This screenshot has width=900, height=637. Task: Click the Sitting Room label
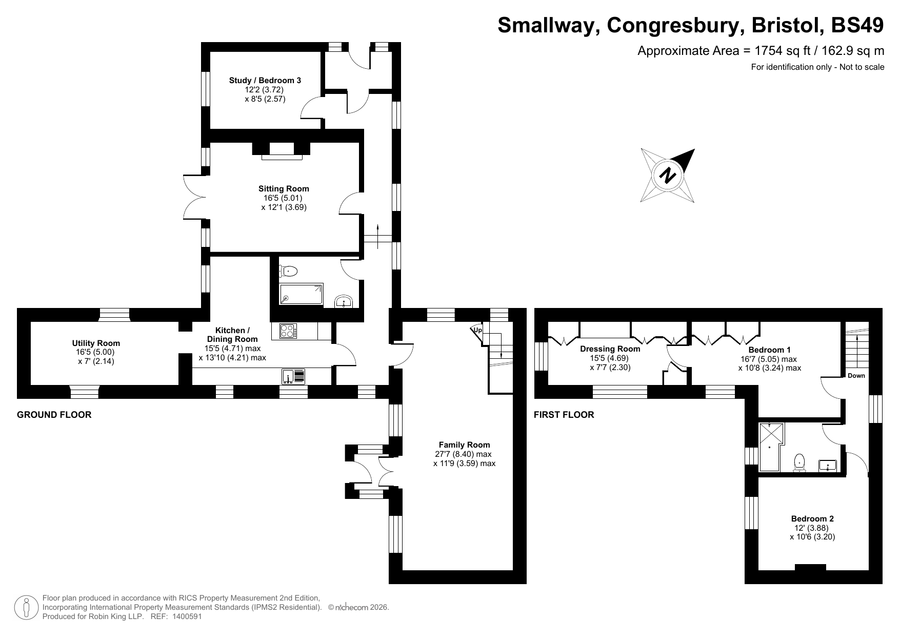pyautogui.click(x=284, y=189)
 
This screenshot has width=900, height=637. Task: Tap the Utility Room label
pyautogui.click(x=96, y=343)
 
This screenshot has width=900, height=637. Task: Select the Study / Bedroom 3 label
pyautogui.click(x=265, y=81)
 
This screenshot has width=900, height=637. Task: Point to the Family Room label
pyautogui.click(x=464, y=445)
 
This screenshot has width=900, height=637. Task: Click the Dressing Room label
pyautogui.click(x=610, y=349)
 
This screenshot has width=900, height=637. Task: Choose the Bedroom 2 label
pyautogui.click(x=812, y=519)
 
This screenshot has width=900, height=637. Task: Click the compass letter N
pyautogui.click(x=667, y=175)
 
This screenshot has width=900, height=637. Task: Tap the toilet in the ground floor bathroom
pyautogui.click(x=289, y=271)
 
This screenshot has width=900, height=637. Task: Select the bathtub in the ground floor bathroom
pyautogui.click(x=301, y=295)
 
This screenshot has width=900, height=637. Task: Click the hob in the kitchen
pyautogui.click(x=288, y=331)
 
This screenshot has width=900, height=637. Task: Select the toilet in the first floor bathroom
pyautogui.click(x=799, y=462)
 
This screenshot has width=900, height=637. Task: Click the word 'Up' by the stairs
pyautogui.click(x=477, y=330)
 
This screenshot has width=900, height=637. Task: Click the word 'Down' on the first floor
pyautogui.click(x=856, y=376)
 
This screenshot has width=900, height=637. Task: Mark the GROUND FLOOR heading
pyautogui.click(x=54, y=415)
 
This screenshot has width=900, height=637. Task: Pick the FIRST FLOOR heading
pyautogui.click(x=564, y=415)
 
